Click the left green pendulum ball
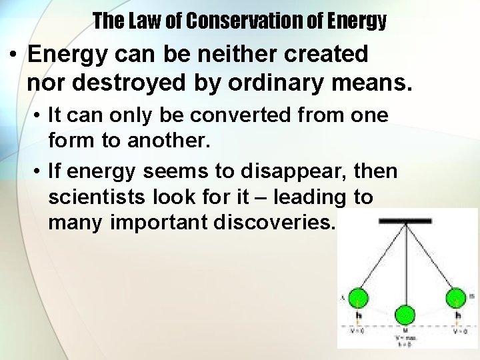pyautogui.click(x=359, y=298)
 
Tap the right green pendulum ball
pyautogui.click(x=456, y=298)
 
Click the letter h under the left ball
pyautogui.click(x=359, y=316)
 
